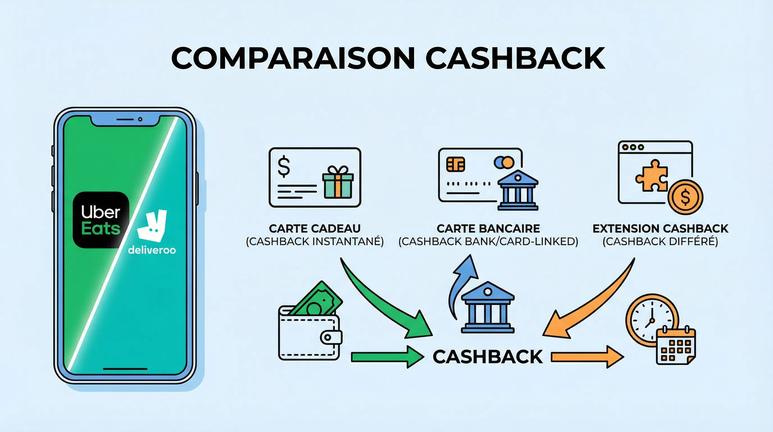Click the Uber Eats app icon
coord(101,220)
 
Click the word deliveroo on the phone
coord(152,250)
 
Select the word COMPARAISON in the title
coord(293,58)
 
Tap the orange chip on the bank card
coord(455,164)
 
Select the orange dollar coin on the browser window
coord(685,197)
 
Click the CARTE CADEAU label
coord(315,229)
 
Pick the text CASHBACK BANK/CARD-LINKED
coord(488,242)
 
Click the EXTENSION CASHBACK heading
coord(660,229)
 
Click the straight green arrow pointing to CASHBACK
coord(387,357)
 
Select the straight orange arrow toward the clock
coord(587,357)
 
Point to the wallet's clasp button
coord(328,337)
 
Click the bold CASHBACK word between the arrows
coord(488,357)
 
